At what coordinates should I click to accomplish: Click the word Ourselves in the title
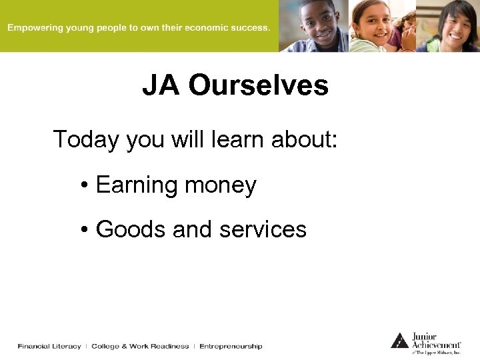pos(258,86)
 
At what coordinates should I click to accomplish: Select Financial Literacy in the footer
pos(49,347)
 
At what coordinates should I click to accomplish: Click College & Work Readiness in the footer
pos(140,347)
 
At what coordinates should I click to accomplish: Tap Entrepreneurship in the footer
pos(231,347)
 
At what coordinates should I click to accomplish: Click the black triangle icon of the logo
pos(399,341)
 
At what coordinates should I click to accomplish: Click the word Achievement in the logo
pos(436,345)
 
